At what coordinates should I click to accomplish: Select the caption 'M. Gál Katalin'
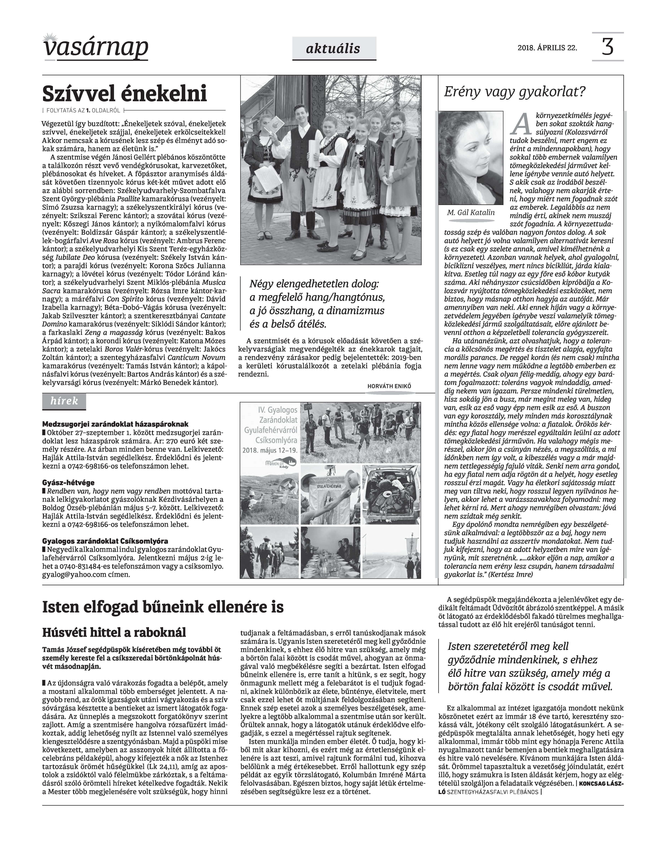(471, 213)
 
